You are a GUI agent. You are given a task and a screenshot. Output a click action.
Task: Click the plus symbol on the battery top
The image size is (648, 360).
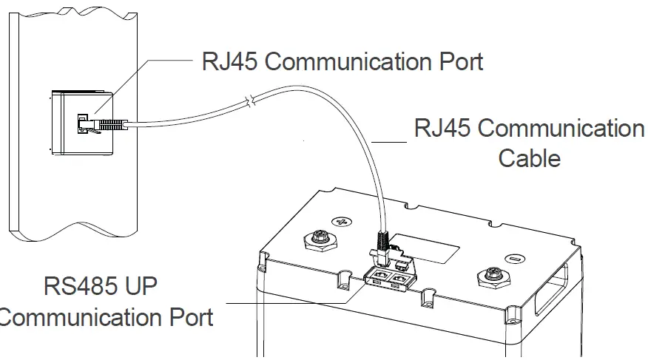341,220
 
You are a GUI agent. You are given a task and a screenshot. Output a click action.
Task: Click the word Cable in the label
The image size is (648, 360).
530,157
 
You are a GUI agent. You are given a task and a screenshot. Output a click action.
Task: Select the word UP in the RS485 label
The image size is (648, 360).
137,286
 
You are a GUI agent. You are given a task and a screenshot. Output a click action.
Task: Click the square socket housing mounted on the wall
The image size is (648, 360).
81,123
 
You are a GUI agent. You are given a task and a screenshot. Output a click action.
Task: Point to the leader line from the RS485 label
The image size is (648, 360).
288,302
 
